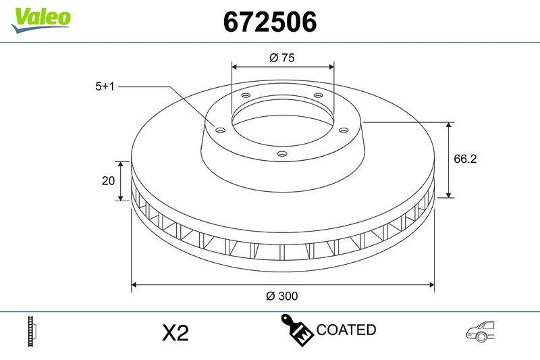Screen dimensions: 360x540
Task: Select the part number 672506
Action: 270,22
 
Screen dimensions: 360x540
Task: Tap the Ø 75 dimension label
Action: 282,58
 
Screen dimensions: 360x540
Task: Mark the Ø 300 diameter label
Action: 282,296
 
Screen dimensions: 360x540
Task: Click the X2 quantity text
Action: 175,332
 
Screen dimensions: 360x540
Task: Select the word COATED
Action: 346,330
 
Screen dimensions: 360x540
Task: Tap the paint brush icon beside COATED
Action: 296,330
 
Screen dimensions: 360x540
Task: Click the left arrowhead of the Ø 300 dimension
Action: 134,284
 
